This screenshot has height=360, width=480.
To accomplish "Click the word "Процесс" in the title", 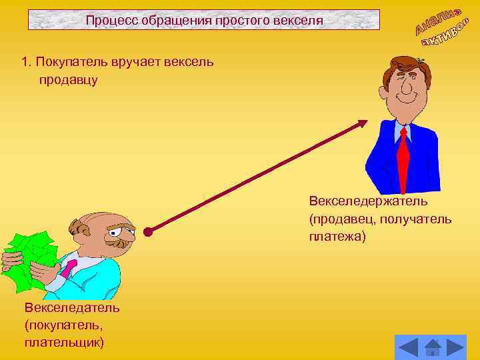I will pos(108,20).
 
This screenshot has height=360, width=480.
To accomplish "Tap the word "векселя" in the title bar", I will pos(299,20).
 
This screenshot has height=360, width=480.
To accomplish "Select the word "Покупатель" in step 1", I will pos(67,62).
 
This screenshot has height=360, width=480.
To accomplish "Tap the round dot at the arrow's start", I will pos(148,233).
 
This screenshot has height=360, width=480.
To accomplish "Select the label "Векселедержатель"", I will pos(368,201).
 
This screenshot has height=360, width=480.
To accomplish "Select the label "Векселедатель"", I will pos(72,307).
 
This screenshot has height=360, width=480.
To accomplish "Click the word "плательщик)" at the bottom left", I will pos(64,343).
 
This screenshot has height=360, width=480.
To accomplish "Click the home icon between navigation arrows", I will pos(433,347).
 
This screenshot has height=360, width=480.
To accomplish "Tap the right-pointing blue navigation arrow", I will pos(456,347).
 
